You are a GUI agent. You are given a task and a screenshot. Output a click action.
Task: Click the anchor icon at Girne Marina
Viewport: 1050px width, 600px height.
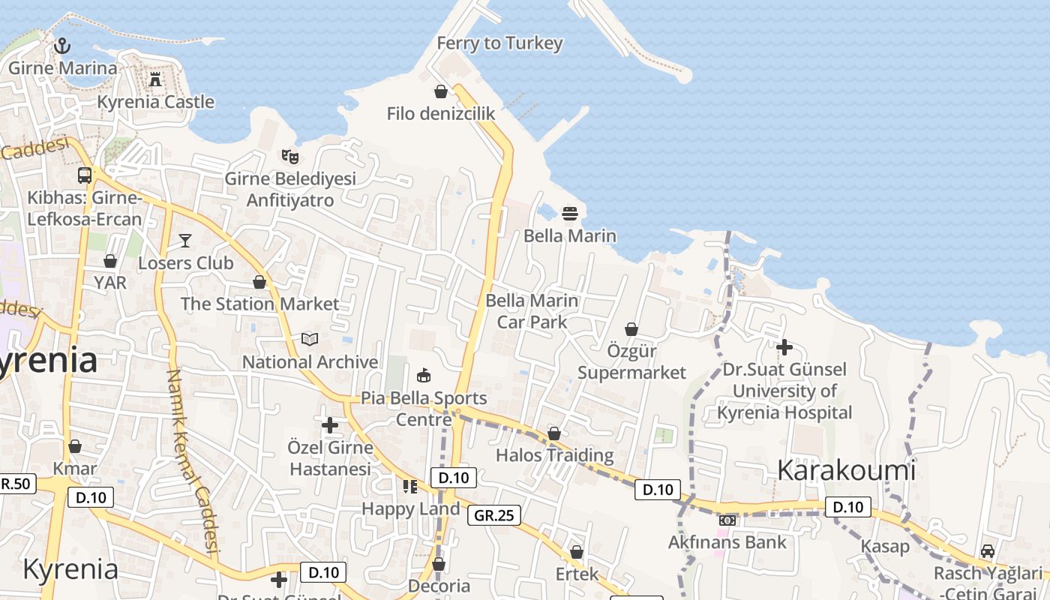pyautogui.click(x=62, y=46)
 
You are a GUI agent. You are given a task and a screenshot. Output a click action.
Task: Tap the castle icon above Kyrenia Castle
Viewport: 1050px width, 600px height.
pyautogui.click(x=155, y=79)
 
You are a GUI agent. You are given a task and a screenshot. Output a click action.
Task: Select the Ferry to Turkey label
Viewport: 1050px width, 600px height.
pyautogui.click(x=499, y=43)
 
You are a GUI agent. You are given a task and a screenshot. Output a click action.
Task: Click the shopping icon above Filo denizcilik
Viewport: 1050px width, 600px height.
pyautogui.click(x=441, y=91)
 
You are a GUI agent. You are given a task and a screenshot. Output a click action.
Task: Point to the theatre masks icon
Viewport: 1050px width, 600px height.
pyautogui.click(x=290, y=157)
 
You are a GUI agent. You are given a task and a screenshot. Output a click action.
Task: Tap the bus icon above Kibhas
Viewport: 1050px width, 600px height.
pyautogui.click(x=85, y=175)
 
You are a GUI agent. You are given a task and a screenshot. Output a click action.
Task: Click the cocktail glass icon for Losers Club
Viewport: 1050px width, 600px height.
pyautogui.click(x=185, y=241)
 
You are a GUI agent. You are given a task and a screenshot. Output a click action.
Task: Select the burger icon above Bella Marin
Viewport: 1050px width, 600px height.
pyautogui.click(x=570, y=214)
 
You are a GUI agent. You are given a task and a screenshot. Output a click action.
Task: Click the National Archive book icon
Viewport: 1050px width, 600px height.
pyautogui.click(x=310, y=340)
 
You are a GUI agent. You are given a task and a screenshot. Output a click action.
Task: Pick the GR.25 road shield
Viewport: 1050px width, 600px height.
pyautogui.click(x=494, y=515)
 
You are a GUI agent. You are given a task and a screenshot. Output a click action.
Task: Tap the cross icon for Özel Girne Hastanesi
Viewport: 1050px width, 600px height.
pyautogui.click(x=330, y=425)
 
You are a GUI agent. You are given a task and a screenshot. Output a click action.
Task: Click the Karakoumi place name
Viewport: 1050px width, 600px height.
pyautogui.click(x=847, y=470)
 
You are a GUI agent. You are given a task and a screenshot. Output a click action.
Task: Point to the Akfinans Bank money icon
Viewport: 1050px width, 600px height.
pyautogui.click(x=727, y=520)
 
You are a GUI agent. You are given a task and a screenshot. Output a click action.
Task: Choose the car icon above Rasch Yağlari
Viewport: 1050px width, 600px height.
pyautogui.click(x=988, y=551)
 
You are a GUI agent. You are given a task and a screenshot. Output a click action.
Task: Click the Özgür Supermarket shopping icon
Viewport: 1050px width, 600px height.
pyautogui.click(x=631, y=329)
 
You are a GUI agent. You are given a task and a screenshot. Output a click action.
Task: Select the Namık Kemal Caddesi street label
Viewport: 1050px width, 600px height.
pyautogui.click(x=192, y=465)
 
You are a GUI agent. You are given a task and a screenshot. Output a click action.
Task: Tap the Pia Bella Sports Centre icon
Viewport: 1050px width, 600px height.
pyautogui.click(x=424, y=375)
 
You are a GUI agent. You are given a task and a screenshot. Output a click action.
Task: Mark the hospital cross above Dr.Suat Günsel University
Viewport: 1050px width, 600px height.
pyautogui.click(x=784, y=347)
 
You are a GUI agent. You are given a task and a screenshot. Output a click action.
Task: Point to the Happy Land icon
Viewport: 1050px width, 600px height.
pyautogui.click(x=409, y=487)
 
